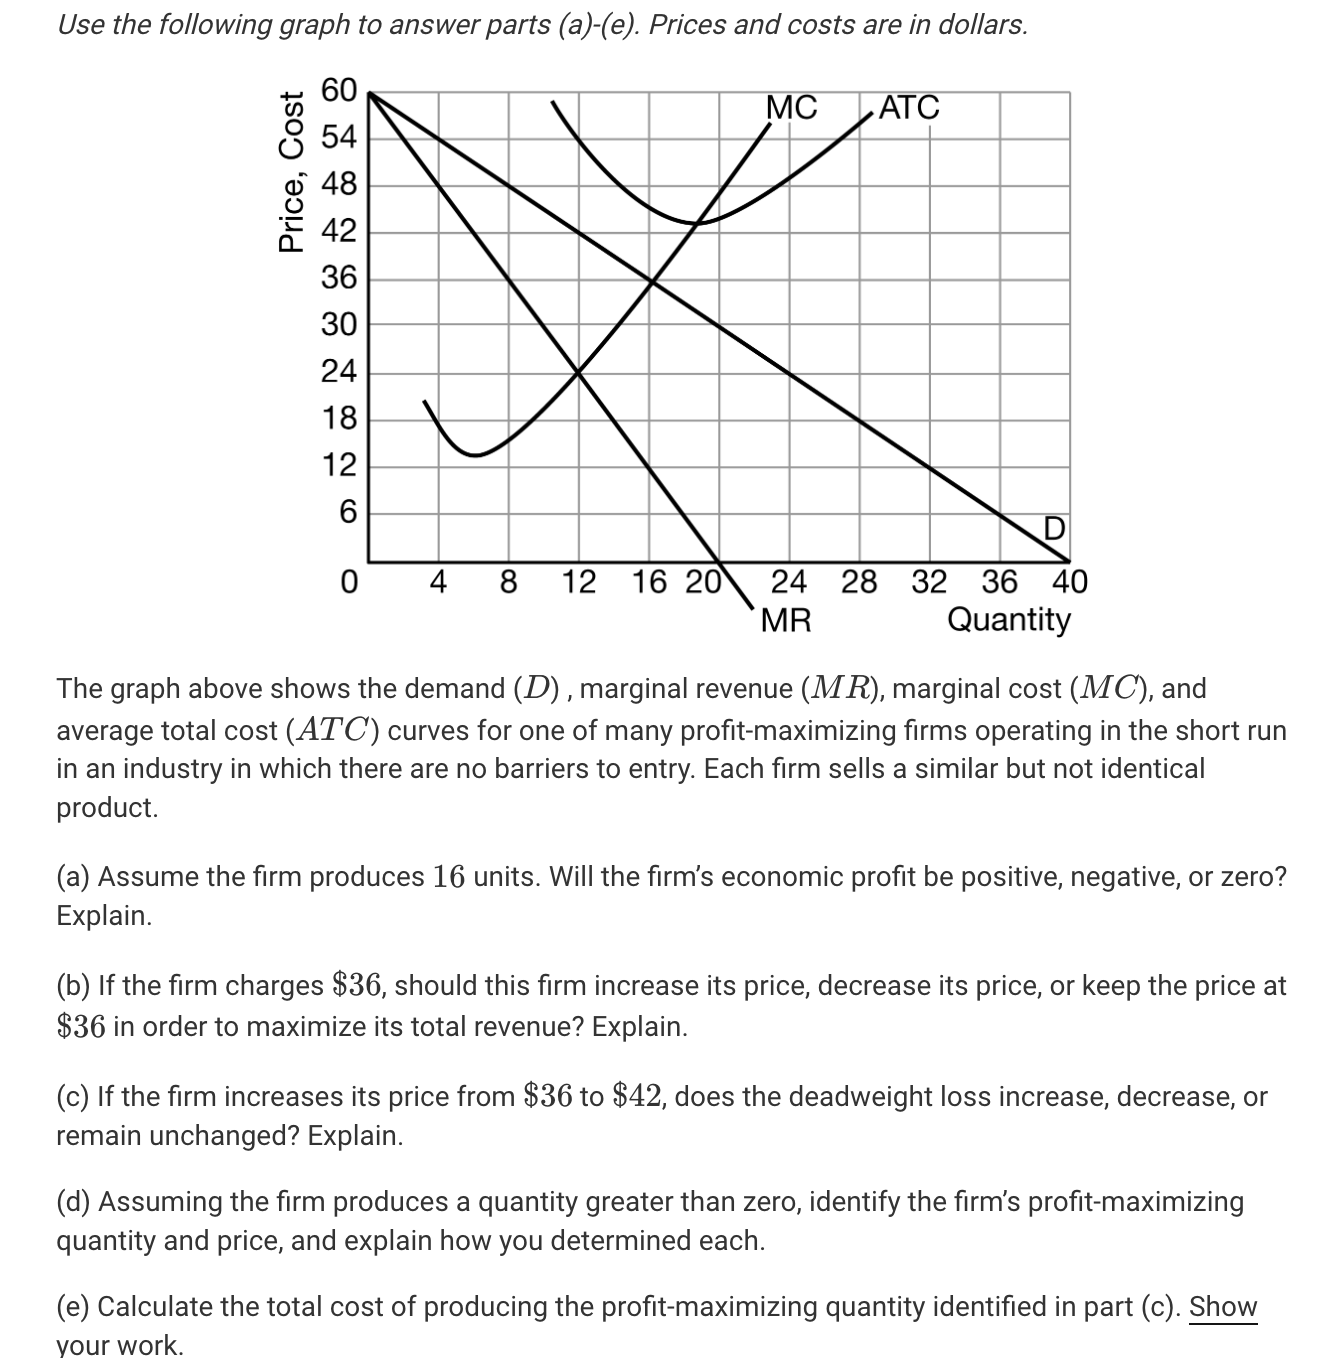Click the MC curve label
click(x=791, y=107)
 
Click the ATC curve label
click(x=909, y=107)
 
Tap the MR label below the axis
click(x=786, y=621)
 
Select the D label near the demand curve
click(x=1054, y=527)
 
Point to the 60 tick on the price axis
click(x=338, y=91)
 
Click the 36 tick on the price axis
click(x=338, y=278)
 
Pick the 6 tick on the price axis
click(x=347, y=513)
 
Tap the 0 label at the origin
click(x=348, y=582)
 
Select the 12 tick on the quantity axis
click(x=578, y=582)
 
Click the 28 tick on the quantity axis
click(x=859, y=582)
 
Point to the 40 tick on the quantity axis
click(x=1069, y=582)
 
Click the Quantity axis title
click(x=1008, y=620)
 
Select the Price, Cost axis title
click(x=292, y=171)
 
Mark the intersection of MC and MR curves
click(x=578, y=372)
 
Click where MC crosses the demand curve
click(x=652, y=281)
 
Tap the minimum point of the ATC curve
click(x=696, y=223)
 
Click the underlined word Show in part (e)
click(x=1222, y=1307)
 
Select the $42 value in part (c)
click(x=641, y=1097)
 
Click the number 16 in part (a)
click(x=449, y=877)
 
